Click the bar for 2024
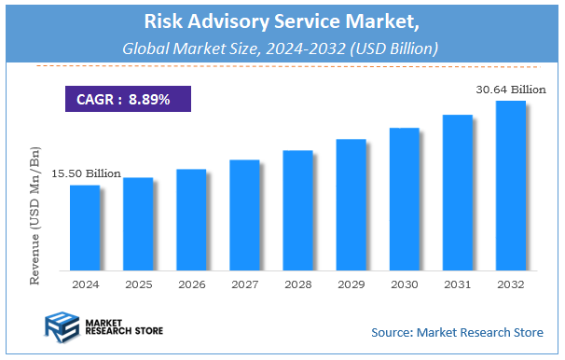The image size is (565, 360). point(84,227)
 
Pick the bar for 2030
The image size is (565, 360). point(404,199)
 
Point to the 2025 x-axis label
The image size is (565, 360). point(138,284)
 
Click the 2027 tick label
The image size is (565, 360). point(244,284)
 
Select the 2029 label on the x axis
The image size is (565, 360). point(351,284)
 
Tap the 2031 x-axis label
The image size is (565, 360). point(457,284)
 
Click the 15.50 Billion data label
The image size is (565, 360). point(86,173)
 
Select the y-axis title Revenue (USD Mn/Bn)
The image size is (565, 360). point(35,215)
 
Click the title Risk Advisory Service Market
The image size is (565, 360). point(282,21)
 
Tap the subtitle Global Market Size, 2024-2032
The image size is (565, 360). point(282,47)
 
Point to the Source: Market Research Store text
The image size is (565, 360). point(456,332)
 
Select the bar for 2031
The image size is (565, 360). point(457,192)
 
